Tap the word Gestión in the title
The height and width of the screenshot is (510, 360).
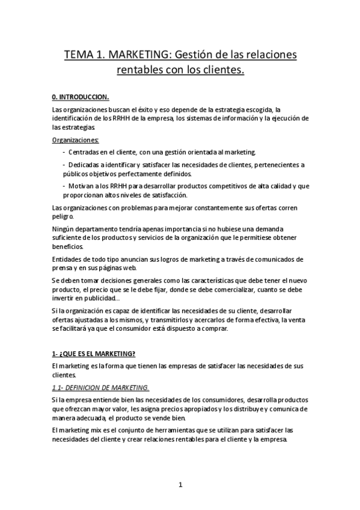tap(197, 56)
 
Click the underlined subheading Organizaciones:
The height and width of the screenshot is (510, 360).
tap(76, 140)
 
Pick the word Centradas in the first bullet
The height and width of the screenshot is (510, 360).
tap(88, 152)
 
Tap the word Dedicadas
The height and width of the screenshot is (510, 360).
tap(89, 165)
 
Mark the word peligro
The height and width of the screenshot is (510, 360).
tap(63, 216)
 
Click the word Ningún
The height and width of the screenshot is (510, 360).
tap(65, 229)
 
